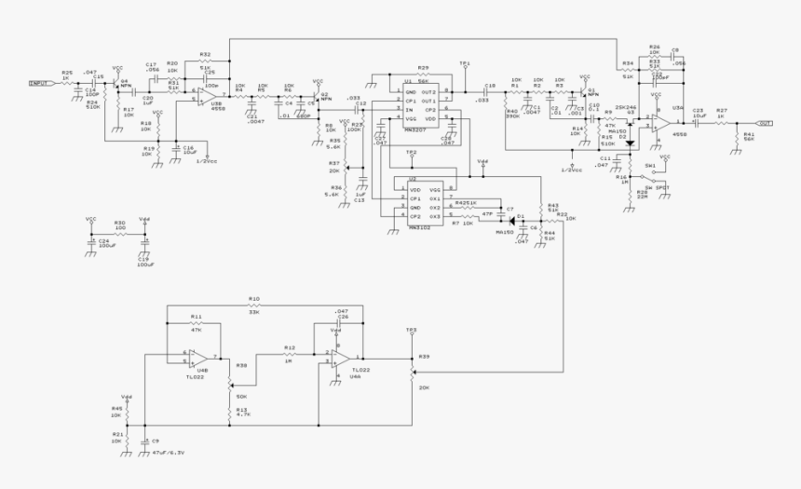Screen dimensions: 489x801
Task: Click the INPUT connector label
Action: point(40,83)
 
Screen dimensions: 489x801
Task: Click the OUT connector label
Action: point(765,123)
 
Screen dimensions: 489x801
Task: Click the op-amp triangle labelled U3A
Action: point(663,122)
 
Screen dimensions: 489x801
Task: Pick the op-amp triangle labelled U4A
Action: point(341,358)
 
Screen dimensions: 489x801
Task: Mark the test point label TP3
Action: point(411,330)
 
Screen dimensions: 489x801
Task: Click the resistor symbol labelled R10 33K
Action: point(253,305)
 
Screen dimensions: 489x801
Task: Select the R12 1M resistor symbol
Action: point(290,354)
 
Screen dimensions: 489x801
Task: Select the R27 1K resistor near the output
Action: point(720,123)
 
